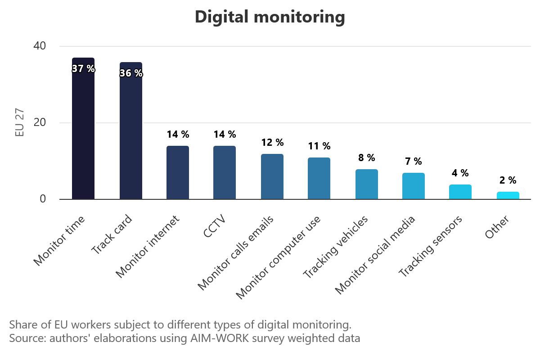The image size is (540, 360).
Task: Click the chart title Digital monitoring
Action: (x=270, y=17)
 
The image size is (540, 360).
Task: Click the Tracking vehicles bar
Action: (x=366, y=184)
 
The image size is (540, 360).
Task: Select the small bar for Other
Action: (x=508, y=195)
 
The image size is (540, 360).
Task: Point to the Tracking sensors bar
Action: (x=460, y=192)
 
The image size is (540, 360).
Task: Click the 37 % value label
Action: (x=83, y=69)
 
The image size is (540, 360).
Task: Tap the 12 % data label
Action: (x=272, y=143)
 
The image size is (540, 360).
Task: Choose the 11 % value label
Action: (x=319, y=146)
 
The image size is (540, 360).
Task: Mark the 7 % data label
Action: (x=413, y=162)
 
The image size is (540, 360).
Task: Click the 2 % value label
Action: (x=508, y=180)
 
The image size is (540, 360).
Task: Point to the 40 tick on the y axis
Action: (x=40, y=46)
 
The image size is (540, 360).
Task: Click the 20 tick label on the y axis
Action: (x=40, y=122)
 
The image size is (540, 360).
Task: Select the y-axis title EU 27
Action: (x=19, y=122)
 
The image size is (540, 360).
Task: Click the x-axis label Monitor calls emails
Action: (x=236, y=252)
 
